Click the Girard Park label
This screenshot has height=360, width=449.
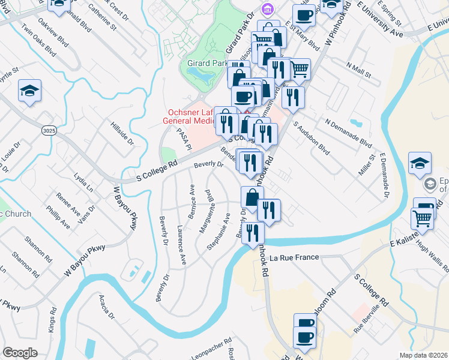coord(207,62)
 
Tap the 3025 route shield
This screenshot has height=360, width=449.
coord(49,130)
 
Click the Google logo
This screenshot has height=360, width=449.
coord(20,353)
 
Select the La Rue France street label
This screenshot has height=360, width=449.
coord(294,257)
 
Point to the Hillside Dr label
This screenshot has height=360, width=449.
coord(121,133)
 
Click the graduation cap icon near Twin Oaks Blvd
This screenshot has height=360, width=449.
coord(29,91)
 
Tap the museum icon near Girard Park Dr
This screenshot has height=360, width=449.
coord(267,9)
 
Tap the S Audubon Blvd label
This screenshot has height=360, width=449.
coord(312,138)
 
